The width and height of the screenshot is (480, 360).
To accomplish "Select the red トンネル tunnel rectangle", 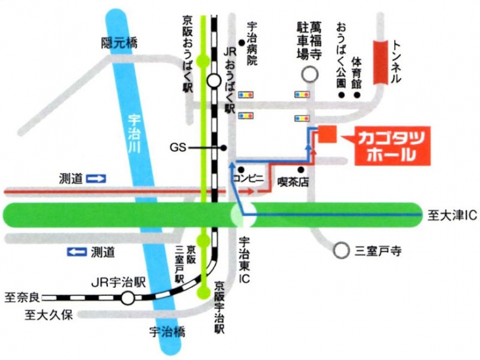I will (x=380, y=63).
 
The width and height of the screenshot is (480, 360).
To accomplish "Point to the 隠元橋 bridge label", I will (x=120, y=43).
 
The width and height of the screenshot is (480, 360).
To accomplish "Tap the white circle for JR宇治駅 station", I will (x=127, y=298).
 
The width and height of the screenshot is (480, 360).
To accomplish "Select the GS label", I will (x=177, y=148).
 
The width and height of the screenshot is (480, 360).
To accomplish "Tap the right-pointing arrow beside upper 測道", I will (x=96, y=178).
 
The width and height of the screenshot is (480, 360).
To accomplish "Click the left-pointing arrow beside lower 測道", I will (x=77, y=251).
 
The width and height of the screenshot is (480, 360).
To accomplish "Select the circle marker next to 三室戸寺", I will (x=341, y=250).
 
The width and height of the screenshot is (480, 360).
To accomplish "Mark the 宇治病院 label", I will (x=252, y=45).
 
